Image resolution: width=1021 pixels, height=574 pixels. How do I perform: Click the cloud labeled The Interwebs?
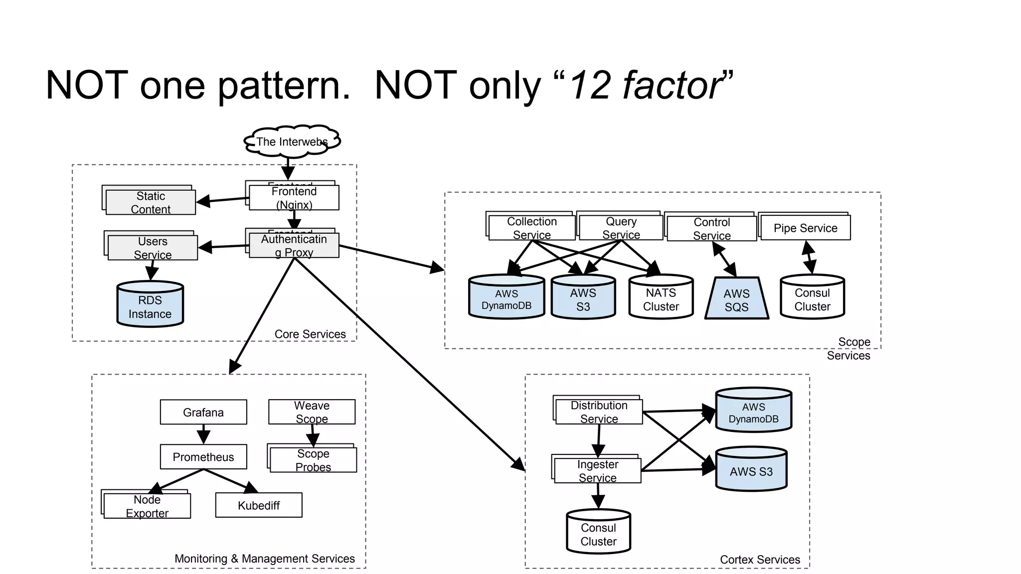click(x=292, y=142)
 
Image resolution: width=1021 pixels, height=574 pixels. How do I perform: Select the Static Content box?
click(x=151, y=202)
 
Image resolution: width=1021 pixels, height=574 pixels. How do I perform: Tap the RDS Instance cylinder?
click(x=150, y=305)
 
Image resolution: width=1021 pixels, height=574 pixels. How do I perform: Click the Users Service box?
click(x=153, y=248)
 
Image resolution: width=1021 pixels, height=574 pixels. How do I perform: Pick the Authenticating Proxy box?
click(x=294, y=246)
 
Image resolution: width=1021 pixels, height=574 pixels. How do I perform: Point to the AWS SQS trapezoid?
click(x=736, y=299)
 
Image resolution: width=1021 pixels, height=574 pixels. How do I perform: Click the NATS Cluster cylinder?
click(x=661, y=298)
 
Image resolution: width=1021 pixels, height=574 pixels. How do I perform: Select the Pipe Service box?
click(x=805, y=228)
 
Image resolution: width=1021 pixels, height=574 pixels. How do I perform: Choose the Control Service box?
click(x=711, y=229)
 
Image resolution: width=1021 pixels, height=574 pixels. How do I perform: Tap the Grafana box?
click(x=203, y=412)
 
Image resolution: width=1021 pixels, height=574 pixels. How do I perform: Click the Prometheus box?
click(x=203, y=457)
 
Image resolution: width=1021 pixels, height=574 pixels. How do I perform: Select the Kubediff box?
click(x=259, y=505)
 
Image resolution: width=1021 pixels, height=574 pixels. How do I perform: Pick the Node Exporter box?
click(x=147, y=506)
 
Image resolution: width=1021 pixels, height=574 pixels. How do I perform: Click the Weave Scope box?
click(x=312, y=412)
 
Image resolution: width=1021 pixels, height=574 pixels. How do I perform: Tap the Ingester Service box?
click(x=597, y=471)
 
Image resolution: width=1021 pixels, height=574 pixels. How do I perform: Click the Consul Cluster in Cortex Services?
click(x=598, y=533)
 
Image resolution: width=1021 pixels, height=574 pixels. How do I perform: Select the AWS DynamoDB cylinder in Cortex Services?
click(x=753, y=411)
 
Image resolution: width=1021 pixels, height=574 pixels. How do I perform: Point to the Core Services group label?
click(x=310, y=334)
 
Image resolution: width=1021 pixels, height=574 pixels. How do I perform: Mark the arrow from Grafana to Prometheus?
click(x=203, y=434)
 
